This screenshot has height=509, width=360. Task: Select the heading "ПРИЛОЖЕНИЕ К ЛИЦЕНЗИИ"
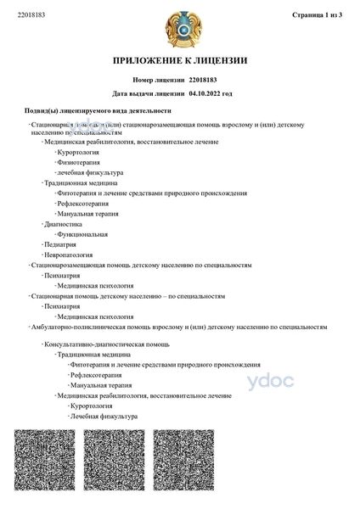(179, 61)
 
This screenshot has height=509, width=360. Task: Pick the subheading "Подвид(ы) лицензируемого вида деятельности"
(98, 110)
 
